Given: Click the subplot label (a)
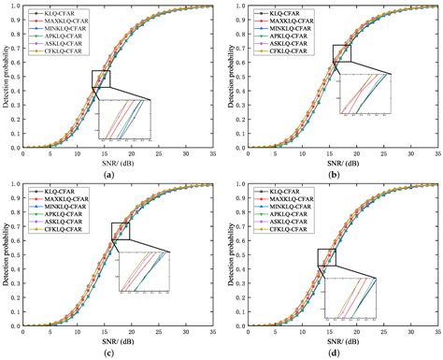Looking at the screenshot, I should (111, 174).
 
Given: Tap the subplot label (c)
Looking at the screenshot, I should (111, 353).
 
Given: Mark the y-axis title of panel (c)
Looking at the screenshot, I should (6, 255).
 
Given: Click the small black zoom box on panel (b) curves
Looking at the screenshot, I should (342, 54).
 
